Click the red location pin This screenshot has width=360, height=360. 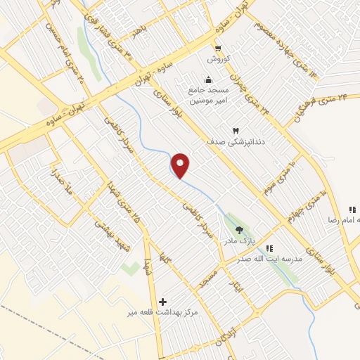point(181,166)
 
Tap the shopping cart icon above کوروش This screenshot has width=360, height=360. point(219,49)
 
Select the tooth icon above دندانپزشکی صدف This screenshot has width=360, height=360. point(236,130)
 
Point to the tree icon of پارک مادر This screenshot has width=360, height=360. point(239,230)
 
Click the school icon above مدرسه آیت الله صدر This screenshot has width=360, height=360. point(270,247)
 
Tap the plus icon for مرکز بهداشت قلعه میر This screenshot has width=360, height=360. point(164,300)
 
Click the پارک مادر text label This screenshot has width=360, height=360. point(238,241)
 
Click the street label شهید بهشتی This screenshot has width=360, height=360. point(107,228)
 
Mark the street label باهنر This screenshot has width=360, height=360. point(137,33)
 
